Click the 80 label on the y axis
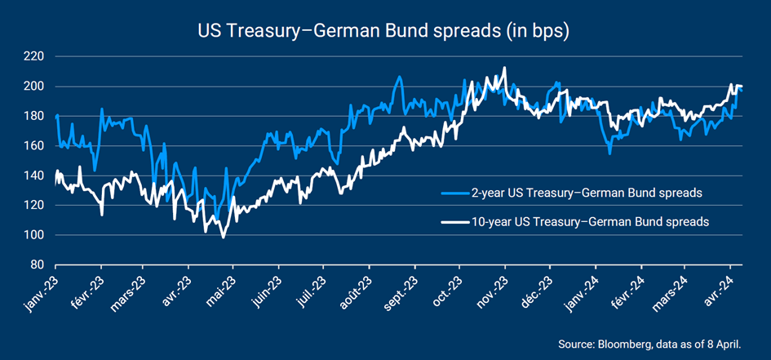(x=37, y=265)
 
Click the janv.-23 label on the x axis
(x=41, y=291)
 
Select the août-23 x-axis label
(x=352, y=291)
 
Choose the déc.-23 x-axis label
(x=534, y=289)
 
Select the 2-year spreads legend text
(x=587, y=194)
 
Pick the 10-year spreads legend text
(x=590, y=221)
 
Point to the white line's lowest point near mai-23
(x=223, y=238)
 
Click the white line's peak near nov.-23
(x=505, y=68)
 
